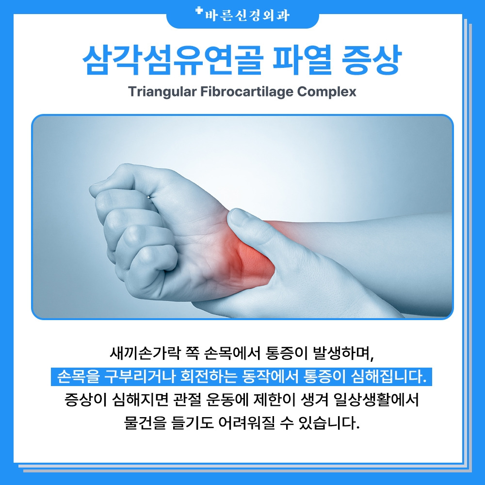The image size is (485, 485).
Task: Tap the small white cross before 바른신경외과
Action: tap(199, 11)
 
